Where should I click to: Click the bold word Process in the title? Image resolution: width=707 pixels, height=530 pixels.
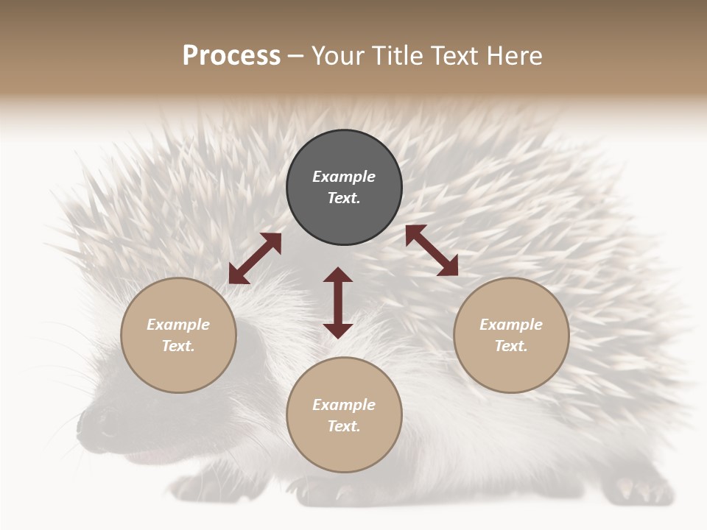coord(231,56)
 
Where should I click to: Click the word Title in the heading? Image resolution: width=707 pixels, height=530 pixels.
coord(395,56)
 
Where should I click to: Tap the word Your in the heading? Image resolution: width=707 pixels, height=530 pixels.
coord(337,56)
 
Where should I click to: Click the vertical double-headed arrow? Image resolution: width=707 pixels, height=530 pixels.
coord(338,303)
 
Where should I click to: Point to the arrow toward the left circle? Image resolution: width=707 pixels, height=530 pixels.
coord(255,258)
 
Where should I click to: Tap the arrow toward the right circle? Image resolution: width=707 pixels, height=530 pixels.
coord(432,250)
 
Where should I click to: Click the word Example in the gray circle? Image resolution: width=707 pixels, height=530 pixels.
coord(344,177)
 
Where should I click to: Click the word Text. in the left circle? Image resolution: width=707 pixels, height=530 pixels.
coord(178,346)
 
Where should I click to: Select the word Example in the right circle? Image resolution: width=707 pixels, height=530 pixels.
coord(511,325)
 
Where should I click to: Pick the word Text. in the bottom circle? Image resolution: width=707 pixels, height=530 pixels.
coord(344,426)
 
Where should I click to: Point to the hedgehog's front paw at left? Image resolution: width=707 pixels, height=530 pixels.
coord(193,487)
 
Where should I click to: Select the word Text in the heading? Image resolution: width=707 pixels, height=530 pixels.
coord(455,56)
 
